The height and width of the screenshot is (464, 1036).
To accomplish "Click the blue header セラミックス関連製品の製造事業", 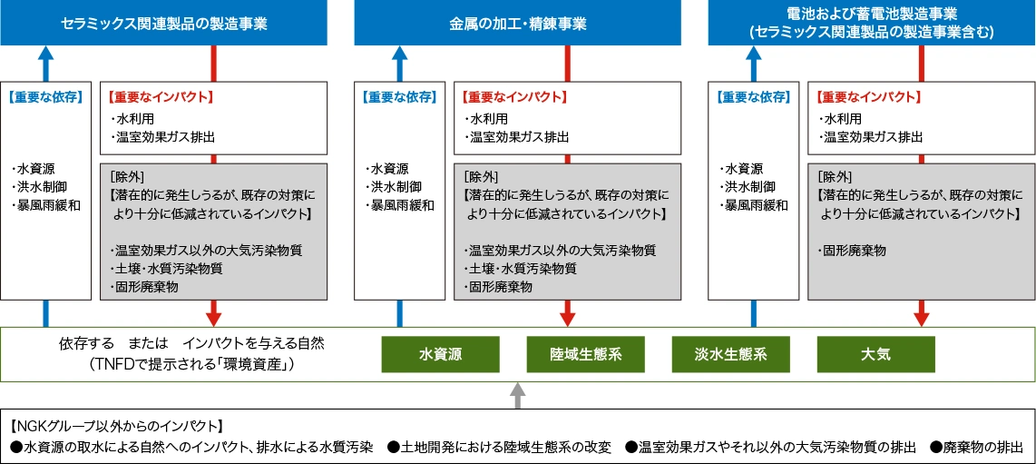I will [164, 23].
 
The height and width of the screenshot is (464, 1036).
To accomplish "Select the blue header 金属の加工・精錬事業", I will [518, 23].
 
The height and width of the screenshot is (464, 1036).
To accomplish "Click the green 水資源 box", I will [440, 353].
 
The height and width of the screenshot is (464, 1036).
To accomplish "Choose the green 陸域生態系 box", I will [585, 353].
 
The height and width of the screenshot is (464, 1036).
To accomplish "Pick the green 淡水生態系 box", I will [730, 353].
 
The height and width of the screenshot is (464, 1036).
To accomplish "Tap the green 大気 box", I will [876, 353].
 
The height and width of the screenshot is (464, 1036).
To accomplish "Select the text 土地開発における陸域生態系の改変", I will [504, 448].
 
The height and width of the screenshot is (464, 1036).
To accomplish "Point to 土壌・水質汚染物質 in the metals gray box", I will [521, 269].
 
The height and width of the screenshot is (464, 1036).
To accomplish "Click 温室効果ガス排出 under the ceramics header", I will [164, 137].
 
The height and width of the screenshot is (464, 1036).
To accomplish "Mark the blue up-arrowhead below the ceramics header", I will [46, 53].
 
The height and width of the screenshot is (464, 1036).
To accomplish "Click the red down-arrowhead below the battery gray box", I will [922, 318].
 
